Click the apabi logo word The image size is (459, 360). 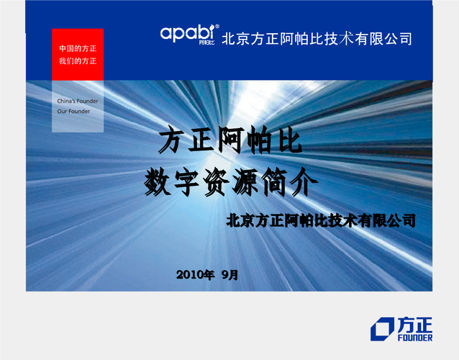point(187,33)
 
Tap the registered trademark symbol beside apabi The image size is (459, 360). point(217,27)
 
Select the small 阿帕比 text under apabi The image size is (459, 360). point(206,42)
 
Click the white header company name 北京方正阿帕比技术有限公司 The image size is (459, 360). point(317,39)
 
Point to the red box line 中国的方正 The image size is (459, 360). point(78,48)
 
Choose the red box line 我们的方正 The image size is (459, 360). point(78,61)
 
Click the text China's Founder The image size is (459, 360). point(78,101)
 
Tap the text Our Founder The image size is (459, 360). point(73,112)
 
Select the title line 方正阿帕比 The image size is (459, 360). point(230,140)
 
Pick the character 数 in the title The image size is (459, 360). point(158,183)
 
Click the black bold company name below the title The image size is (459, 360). point(321,220)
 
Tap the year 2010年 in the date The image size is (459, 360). point(195,275)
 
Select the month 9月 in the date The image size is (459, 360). point(229,275)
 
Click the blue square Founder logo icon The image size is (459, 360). point(382,329)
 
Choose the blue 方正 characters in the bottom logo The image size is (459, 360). point(415,325)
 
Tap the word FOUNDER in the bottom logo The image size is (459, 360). point(415,338)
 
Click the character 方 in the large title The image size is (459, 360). point(171,140)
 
